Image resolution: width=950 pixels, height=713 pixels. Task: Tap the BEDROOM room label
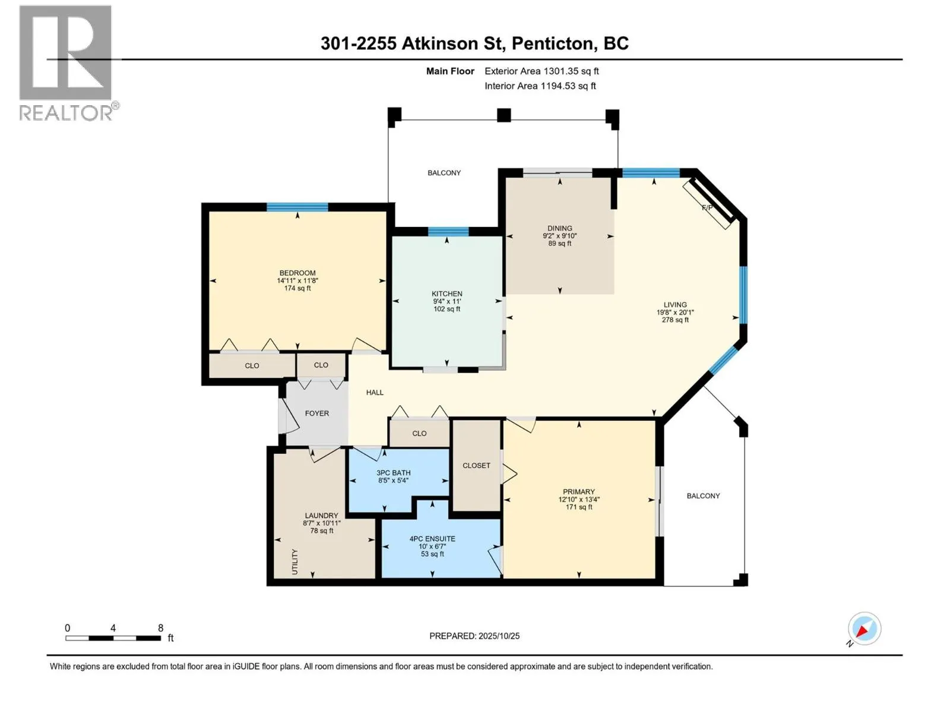coord(297,273)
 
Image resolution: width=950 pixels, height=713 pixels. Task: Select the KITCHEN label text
coord(446,294)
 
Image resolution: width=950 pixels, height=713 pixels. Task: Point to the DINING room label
coord(559,228)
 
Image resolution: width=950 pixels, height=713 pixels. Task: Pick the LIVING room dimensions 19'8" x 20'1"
coord(675,313)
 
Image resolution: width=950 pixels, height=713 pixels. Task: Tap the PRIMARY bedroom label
coord(578,491)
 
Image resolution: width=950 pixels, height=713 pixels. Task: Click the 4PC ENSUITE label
coord(432,539)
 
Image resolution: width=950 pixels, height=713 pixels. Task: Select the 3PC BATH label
coord(393,473)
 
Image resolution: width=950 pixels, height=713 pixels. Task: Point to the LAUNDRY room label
coord(321,516)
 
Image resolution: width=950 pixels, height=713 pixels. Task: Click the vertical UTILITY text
coord(295,561)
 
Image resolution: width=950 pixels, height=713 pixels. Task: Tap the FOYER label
coord(316,413)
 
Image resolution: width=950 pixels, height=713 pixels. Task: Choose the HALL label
coord(375,392)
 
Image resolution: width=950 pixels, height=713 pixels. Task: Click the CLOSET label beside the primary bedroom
coord(476,465)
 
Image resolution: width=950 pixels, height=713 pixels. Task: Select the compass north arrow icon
coord(864,629)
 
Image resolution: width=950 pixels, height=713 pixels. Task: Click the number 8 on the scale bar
coord(160,628)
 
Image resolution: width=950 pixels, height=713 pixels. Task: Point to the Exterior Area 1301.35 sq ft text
coord(541,71)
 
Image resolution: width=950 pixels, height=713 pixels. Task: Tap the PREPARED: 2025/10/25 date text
coord(474,636)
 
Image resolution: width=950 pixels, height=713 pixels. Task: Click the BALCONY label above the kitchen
coord(444,173)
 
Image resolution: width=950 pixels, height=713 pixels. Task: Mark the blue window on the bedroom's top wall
coord(297,207)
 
